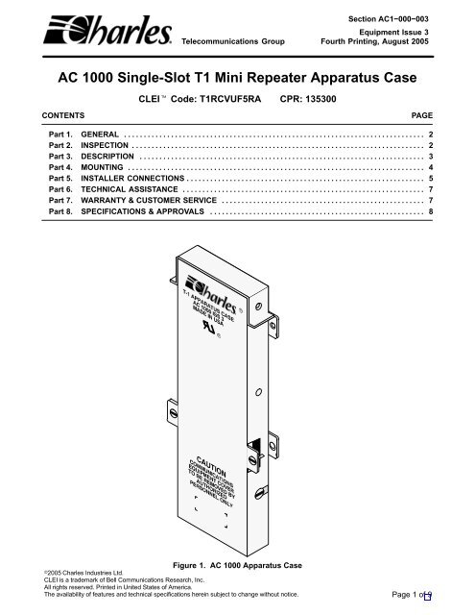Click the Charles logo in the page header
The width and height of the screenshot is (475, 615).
point(107,30)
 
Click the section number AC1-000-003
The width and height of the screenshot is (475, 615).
point(403,19)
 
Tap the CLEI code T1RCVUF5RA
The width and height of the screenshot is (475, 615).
point(230,99)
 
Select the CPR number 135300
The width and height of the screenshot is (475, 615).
point(321,99)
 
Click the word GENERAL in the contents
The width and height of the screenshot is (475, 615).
point(100,135)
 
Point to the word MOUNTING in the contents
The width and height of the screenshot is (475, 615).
point(102,167)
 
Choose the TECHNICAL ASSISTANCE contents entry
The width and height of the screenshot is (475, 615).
point(130,189)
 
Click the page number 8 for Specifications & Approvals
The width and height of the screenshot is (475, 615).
point(431,211)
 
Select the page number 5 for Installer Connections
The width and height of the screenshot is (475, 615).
point(431,178)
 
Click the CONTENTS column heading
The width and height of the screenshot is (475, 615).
point(63,115)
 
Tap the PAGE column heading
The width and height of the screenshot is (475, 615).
point(422,115)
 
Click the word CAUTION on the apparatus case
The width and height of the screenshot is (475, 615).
point(211,466)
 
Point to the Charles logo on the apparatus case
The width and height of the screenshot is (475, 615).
point(212,294)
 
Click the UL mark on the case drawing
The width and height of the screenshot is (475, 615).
point(209,327)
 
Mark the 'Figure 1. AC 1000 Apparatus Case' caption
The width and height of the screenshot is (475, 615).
point(237,565)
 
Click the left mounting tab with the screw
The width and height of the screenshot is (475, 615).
point(173,412)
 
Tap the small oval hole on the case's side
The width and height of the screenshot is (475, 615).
point(258,392)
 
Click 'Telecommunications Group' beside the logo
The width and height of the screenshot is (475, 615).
point(233,41)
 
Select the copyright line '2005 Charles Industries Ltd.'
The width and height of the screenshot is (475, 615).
point(83,573)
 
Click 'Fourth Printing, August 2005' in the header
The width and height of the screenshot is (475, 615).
point(375,41)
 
